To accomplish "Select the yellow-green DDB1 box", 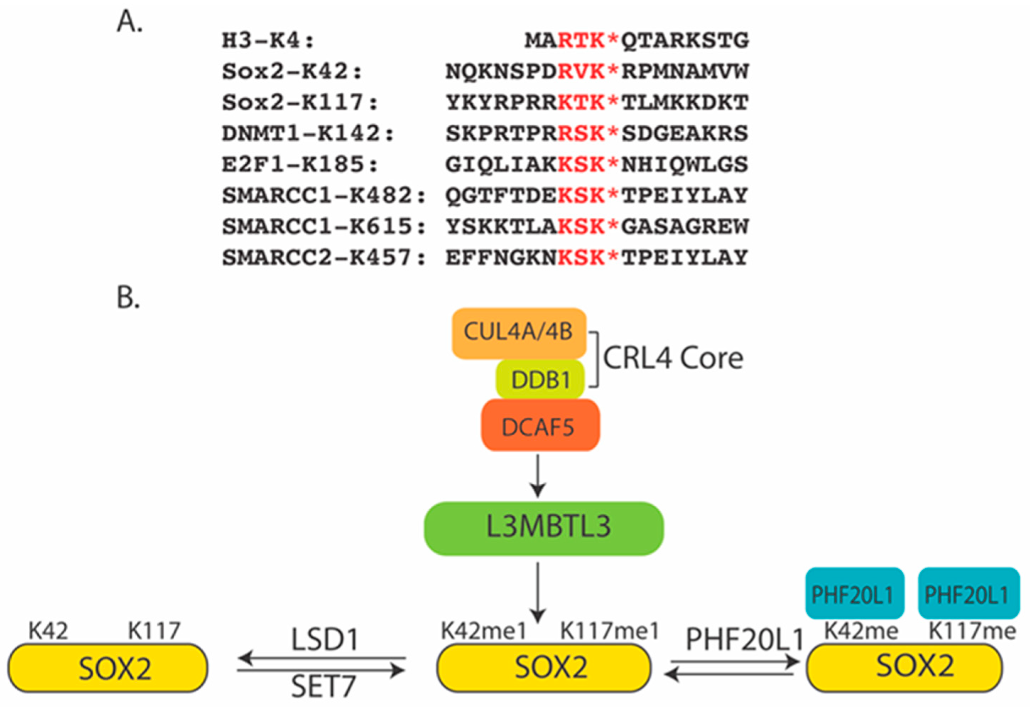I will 540,380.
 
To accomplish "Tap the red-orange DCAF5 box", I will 540,426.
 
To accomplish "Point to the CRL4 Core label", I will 673,358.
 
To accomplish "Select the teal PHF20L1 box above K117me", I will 968,594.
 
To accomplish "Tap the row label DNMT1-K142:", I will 307,134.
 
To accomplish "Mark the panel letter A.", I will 129,22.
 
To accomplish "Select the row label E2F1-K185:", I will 300,165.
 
